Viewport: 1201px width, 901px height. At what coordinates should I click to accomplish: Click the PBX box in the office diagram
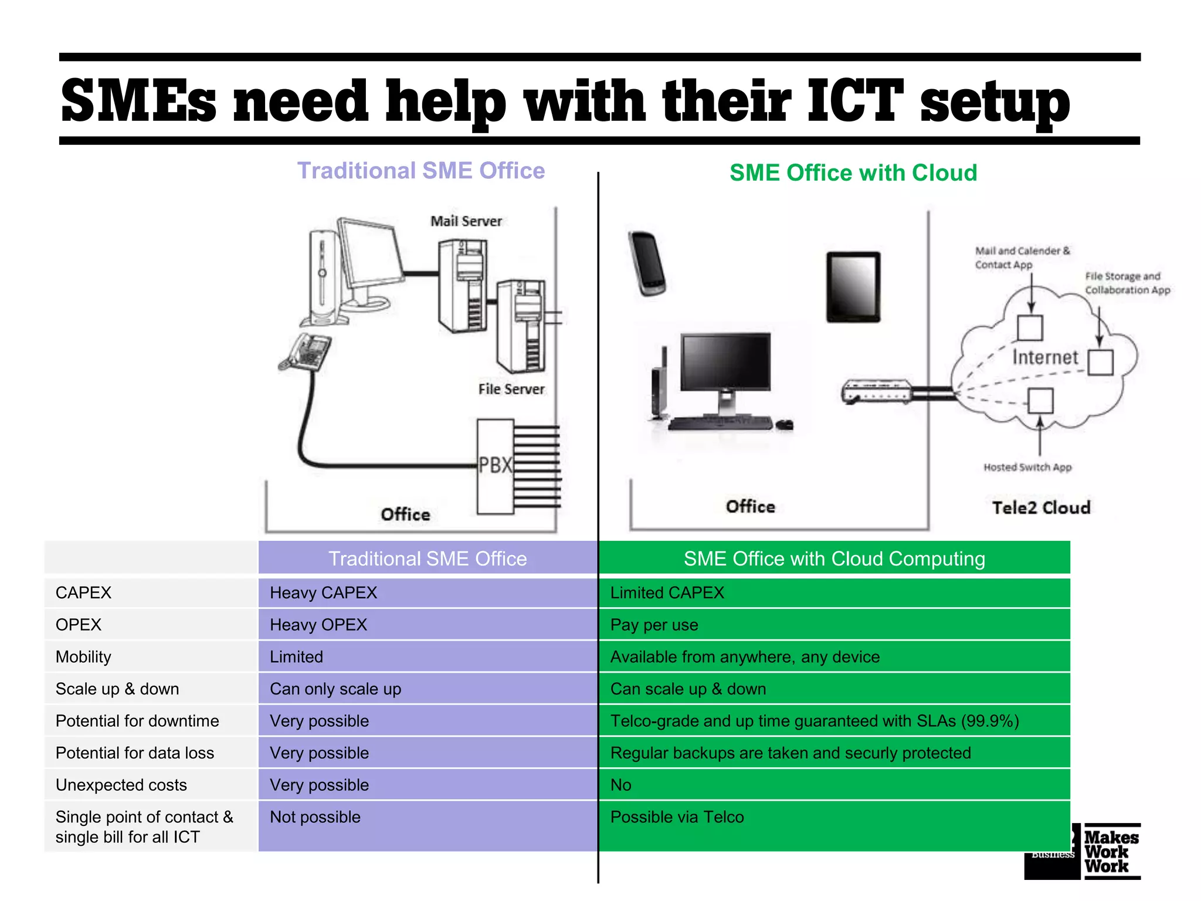pos(495,466)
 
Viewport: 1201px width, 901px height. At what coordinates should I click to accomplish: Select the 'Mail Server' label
pos(466,221)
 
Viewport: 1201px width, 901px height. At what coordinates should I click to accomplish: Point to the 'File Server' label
pos(511,389)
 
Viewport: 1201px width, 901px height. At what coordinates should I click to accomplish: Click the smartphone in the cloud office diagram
pos(647,263)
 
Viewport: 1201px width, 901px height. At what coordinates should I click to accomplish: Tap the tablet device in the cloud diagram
pos(853,287)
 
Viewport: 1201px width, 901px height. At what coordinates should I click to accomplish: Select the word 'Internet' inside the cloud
pos(1045,357)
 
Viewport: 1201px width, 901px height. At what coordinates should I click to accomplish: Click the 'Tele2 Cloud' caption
pos(1041,507)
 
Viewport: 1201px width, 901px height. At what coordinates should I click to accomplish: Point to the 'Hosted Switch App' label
pos(1027,467)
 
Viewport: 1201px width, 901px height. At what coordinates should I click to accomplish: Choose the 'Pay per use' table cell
pos(654,625)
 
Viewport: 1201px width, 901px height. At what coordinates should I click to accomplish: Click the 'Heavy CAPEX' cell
pos(323,592)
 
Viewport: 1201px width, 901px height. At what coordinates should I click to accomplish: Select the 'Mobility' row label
pos(83,657)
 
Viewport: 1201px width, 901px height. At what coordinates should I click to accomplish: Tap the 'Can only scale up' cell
pos(335,689)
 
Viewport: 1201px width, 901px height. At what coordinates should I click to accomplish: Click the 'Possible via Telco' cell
pos(677,817)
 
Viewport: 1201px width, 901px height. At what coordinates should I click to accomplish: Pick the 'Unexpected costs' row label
pos(121,785)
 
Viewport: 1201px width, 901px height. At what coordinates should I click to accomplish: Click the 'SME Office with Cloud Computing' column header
pos(834,558)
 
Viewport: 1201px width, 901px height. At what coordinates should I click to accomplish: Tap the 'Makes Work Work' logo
pos(1111,852)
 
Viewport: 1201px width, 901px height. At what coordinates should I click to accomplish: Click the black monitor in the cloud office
pos(725,363)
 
